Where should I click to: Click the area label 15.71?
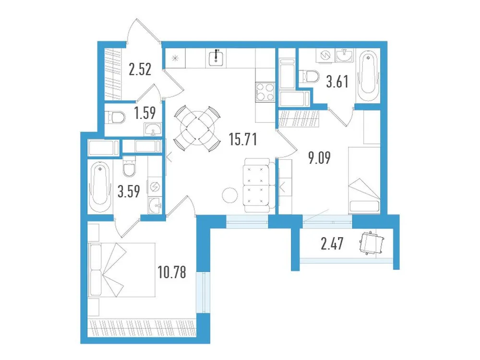243,140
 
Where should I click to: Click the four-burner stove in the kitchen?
264,93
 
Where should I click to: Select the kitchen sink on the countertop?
217,58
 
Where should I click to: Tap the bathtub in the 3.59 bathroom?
100,189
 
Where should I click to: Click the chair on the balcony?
371,243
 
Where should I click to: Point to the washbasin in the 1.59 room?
153,129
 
